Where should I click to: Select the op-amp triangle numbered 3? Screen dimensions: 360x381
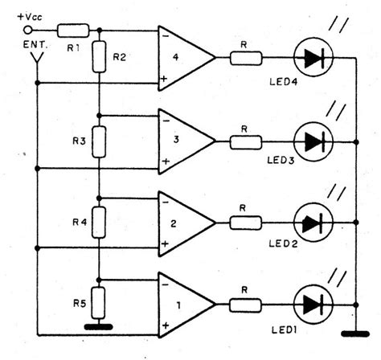point(184,140)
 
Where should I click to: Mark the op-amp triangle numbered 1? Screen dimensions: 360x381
point(184,305)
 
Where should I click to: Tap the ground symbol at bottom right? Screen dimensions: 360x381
point(354,332)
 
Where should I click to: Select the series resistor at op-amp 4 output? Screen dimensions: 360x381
point(245,58)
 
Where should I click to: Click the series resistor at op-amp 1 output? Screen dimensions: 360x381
point(245,305)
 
